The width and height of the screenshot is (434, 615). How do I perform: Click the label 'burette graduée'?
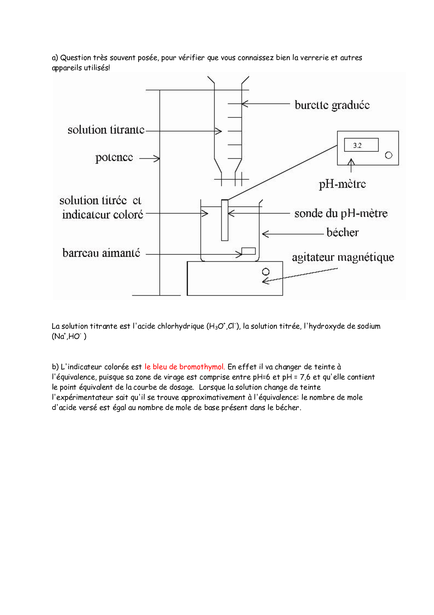[332, 105]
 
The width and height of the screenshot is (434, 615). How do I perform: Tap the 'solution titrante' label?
[106, 130]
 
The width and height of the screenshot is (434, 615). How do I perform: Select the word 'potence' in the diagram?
[114, 158]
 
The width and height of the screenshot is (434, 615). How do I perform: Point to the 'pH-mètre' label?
[342, 184]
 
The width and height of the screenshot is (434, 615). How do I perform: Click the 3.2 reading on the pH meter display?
[357, 145]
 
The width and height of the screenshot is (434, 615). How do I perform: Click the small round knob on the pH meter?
[388, 155]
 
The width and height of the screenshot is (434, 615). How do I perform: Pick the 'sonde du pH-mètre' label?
[341, 214]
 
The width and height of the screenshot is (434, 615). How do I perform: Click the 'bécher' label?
[342, 232]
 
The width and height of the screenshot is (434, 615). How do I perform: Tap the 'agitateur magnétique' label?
[343, 258]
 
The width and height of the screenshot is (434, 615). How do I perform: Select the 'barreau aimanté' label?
[101, 253]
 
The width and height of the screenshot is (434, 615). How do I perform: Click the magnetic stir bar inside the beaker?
[248, 251]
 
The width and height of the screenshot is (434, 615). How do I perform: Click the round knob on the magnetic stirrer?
[266, 272]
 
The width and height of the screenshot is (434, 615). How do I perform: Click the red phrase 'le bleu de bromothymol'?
[184, 367]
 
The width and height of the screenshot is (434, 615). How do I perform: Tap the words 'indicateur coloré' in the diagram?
[103, 215]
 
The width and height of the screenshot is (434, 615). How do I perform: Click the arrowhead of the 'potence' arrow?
[157, 158]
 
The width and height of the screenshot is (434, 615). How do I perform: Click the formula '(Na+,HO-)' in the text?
[69, 337]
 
